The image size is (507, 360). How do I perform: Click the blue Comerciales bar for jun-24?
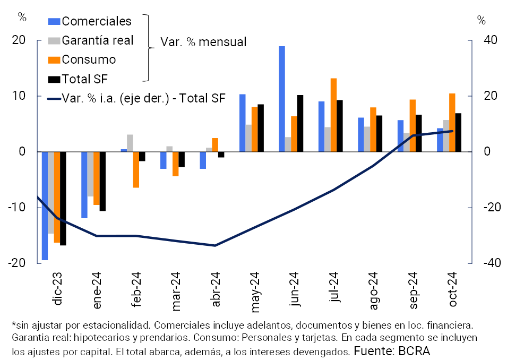[282, 99]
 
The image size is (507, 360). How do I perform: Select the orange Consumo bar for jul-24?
[334, 115]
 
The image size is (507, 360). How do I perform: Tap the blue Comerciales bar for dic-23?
[45, 206]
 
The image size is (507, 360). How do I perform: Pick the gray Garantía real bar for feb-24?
[130, 143]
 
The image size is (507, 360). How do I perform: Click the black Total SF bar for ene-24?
[102, 182]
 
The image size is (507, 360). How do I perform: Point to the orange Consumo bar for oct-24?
[452, 123]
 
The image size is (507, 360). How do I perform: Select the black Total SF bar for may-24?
[261, 128]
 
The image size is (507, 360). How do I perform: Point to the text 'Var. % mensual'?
[204, 42]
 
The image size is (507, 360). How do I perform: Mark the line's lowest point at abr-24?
[215, 245]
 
